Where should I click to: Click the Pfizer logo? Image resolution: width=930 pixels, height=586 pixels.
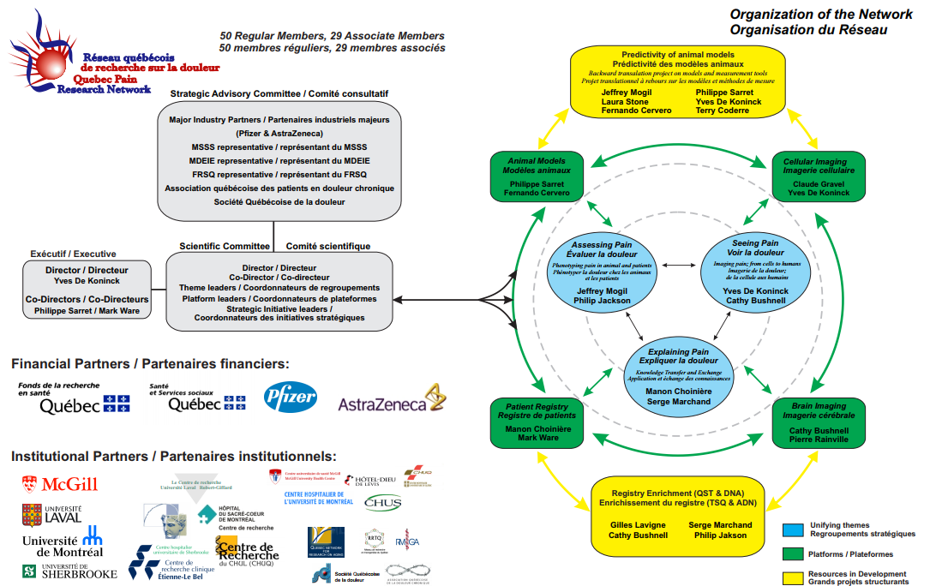[290, 398]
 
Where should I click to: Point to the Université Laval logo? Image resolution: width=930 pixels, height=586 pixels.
[52, 515]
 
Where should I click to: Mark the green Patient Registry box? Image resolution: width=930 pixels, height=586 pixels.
[537, 423]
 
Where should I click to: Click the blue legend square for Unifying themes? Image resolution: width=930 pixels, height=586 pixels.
[793, 529]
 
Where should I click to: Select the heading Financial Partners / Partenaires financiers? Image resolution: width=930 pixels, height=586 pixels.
[151, 363]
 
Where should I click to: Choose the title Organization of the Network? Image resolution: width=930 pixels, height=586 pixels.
[807, 15]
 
